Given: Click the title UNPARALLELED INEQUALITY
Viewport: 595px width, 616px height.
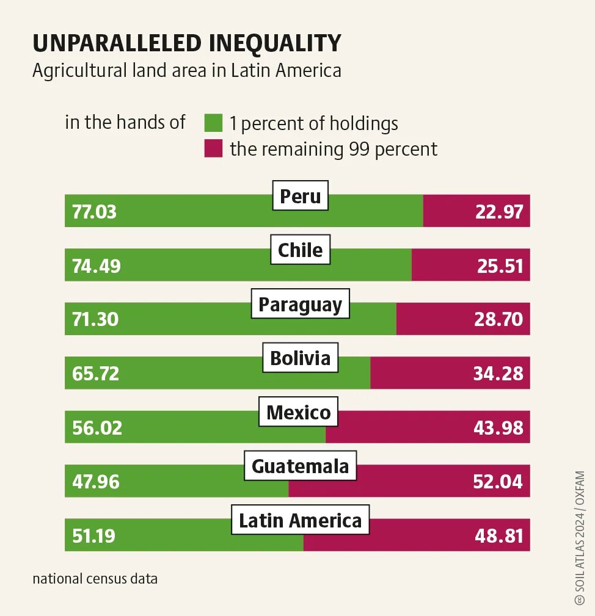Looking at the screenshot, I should tap(186, 43).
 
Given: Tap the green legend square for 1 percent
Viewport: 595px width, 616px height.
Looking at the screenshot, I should tap(213, 123).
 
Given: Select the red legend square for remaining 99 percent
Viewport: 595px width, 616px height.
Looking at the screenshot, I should tap(213, 148).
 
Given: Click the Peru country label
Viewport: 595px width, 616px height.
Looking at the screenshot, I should tap(300, 196).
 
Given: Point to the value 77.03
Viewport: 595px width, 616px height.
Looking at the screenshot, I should tap(94, 212).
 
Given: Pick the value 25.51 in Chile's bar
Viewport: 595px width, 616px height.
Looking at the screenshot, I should tap(498, 266).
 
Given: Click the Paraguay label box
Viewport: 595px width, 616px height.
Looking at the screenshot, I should tap(300, 304).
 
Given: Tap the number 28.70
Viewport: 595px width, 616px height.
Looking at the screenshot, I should tap(498, 319).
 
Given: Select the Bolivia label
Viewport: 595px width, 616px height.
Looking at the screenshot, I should tap(300, 358).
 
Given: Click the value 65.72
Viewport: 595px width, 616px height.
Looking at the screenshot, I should tap(95, 374).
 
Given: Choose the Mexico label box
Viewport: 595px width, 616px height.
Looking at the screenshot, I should tap(299, 412).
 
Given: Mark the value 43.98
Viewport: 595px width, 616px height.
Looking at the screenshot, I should tap(498, 427).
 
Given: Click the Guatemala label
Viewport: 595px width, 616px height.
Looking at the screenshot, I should tap(300, 466).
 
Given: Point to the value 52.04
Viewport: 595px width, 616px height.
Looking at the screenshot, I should tap(498, 482).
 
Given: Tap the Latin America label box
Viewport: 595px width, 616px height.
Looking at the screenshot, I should tap(300, 521).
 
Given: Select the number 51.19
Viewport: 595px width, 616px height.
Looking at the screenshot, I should tap(93, 536).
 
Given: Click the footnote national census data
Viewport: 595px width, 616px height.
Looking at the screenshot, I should tap(95, 578).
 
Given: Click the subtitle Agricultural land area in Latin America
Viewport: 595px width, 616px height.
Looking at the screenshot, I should tap(186, 70).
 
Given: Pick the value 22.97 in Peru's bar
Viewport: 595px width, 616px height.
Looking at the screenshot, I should tap(498, 212).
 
